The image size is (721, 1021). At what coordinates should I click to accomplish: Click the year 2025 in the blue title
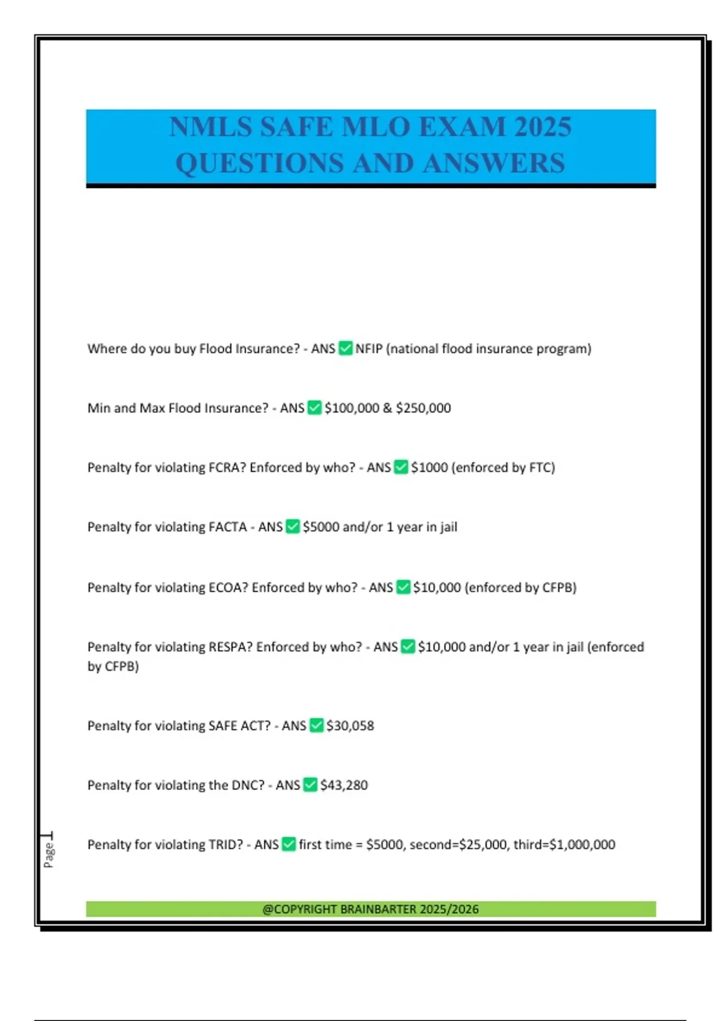pos(543,127)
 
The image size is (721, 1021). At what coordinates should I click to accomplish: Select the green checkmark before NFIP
pos(345,348)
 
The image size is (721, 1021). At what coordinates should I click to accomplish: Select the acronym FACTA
pos(227,527)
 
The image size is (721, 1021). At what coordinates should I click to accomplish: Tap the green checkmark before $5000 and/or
pos(293,527)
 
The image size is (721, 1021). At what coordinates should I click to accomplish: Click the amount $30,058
pos(350,726)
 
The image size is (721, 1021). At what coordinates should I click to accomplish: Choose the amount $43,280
pos(344,785)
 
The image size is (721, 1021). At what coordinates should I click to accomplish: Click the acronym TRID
pos(225,844)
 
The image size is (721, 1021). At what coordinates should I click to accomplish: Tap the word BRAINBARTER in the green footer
pos(378,909)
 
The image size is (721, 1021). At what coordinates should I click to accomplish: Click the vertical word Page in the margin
pos(49,854)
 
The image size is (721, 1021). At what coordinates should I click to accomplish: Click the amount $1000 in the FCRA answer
pos(429,467)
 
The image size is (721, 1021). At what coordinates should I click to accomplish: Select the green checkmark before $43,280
pos(310,785)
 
